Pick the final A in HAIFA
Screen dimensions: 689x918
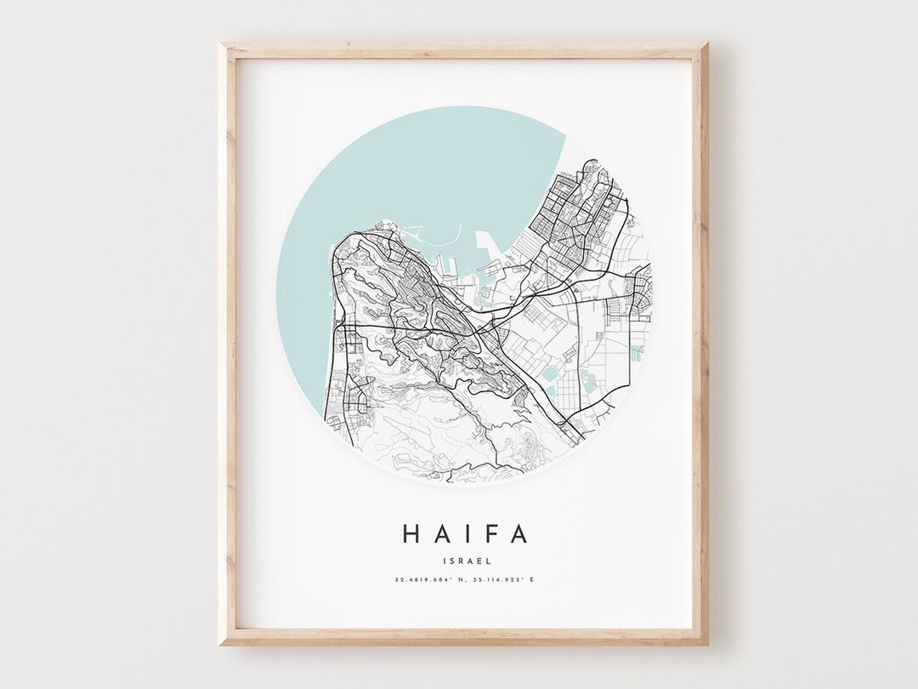[x=518, y=533]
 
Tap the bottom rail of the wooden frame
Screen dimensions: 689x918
[x=463, y=638]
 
